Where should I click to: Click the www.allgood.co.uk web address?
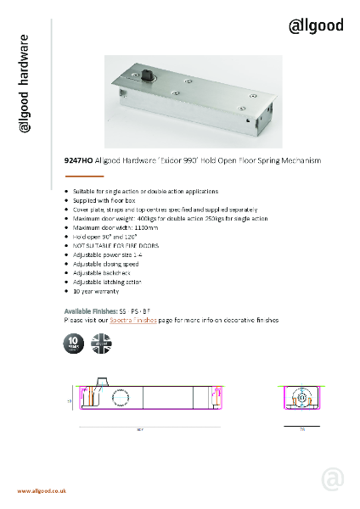point(42,491)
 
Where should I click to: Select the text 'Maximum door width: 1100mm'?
point(104,227)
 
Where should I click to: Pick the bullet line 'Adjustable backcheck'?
point(95,272)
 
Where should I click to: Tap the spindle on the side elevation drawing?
point(100,387)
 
